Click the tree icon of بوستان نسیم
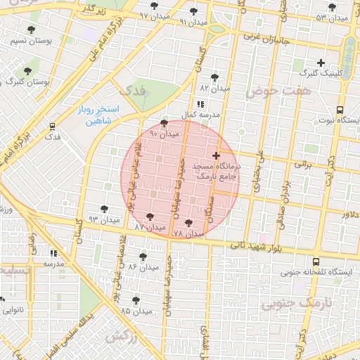(x=30, y=30)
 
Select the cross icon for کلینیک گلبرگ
(x=321, y=63)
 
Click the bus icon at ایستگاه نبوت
(x=340, y=110)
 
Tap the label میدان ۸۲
(x=214, y=89)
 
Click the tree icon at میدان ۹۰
(x=164, y=122)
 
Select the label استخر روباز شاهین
(x=98, y=115)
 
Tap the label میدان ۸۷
(x=149, y=228)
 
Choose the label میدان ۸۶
(x=143, y=268)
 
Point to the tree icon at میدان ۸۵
(x=136, y=300)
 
